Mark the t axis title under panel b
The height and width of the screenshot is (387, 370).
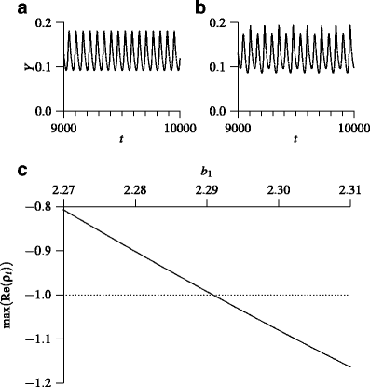[x=295, y=142]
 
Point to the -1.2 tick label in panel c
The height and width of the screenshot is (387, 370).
[x=42, y=381]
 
